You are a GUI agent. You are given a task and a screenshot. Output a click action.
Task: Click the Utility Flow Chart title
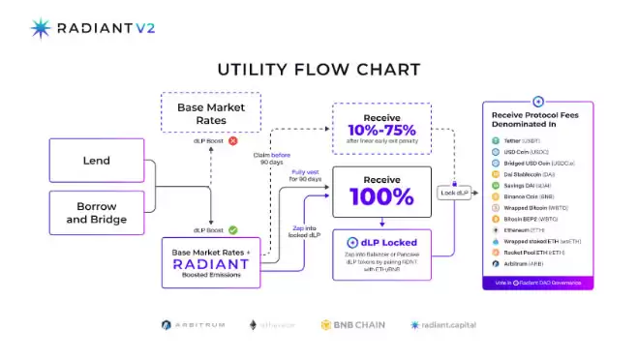point(319,70)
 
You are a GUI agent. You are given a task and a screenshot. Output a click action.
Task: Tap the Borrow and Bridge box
point(96,213)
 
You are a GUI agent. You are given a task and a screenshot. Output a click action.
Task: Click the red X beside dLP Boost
point(232,141)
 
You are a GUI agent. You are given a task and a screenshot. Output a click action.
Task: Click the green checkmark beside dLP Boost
point(232,229)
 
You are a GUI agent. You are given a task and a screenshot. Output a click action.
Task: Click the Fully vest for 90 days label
point(306,176)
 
